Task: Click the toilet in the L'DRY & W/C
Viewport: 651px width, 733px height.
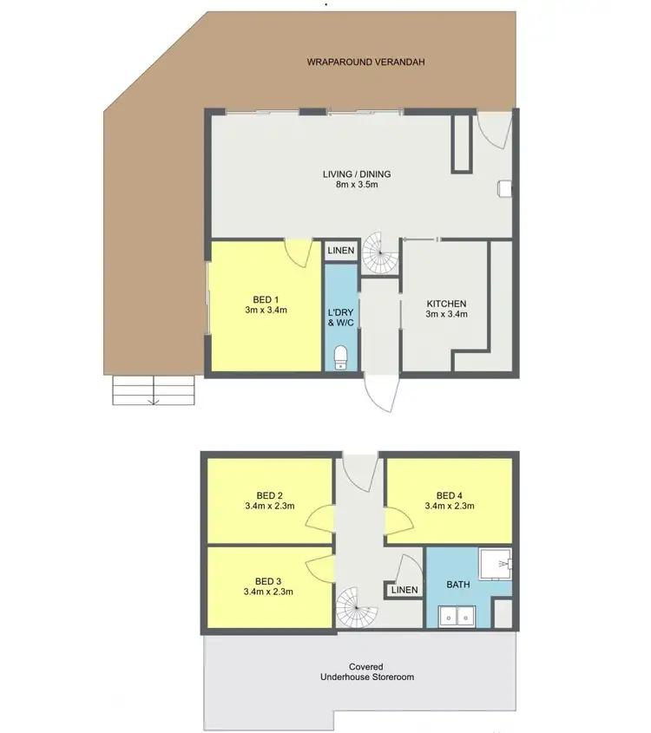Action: point(342,357)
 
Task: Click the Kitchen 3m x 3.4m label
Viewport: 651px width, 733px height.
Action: point(446,309)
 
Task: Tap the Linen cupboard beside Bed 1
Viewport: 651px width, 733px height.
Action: point(341,252)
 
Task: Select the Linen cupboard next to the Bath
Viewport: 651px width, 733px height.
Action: point(404,590)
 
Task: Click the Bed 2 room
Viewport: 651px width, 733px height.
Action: point(268,501)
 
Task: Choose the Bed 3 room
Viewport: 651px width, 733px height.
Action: point(268,586)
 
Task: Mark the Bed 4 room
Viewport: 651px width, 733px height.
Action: point(449,501)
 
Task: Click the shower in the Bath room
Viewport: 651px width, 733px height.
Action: point(498,565)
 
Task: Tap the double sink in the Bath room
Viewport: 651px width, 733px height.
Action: point(457,617)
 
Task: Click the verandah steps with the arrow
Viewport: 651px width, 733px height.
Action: point(153,392)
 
